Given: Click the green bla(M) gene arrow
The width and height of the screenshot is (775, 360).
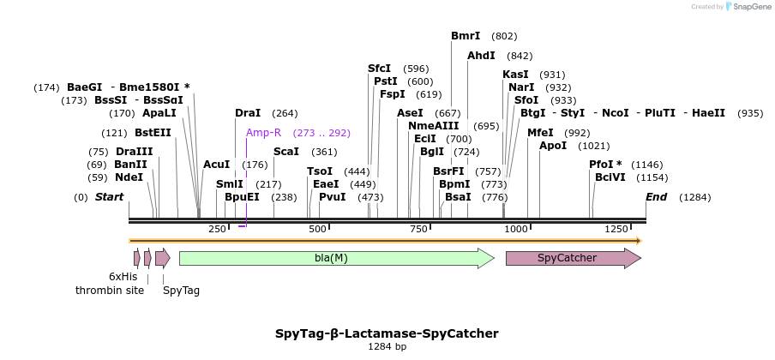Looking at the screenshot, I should [x=336, y=258].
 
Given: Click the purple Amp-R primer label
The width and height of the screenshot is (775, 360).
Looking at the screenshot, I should [x=263, y=133].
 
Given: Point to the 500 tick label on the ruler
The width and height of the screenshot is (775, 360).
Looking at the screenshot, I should [x=318, y=229].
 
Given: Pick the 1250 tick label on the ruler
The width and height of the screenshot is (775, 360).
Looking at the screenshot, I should [x=616, y=229].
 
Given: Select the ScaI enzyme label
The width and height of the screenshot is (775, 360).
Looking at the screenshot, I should [x=286, y=152].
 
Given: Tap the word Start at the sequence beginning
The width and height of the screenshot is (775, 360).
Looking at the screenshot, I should [x=109, y=197].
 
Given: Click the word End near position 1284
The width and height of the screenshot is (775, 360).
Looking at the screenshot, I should [x=656, y=197].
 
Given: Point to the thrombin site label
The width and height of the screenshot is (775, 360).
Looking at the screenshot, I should [x=110, y=290].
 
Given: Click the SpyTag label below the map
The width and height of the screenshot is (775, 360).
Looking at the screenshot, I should [x=181, y=290].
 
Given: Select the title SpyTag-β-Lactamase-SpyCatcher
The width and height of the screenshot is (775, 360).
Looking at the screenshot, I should [x=387, y=333].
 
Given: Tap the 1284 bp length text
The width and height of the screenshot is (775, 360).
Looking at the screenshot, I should [x=387, y=346].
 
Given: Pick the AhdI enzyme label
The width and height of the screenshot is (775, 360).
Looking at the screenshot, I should [x=481, y=56].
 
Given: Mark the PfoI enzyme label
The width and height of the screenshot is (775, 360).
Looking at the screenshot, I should [x=603, y=165].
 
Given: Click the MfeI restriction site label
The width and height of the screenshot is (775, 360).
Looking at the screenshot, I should [x=540, y=133].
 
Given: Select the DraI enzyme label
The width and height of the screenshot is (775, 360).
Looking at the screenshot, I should [x=248, y=113].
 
